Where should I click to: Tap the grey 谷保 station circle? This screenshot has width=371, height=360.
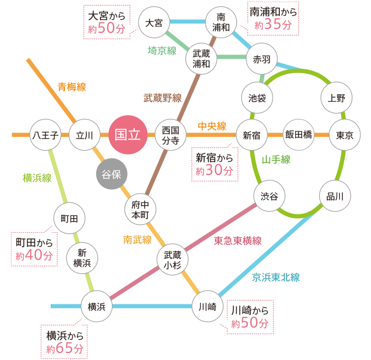click(111, 175)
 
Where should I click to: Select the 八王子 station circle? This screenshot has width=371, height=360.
click(45, 135)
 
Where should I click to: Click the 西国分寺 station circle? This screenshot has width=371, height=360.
click(171, 135)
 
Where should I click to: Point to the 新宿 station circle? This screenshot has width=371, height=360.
click(252, 135)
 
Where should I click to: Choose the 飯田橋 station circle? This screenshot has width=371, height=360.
click(298, 135)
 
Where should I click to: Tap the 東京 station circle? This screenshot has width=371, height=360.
click(345, 135)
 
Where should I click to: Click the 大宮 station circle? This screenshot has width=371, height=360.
click(154, 23)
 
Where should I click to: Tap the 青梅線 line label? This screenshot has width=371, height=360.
click(72, 87)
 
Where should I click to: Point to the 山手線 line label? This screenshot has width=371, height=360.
click(276, 160)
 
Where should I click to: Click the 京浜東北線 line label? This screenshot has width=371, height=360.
click(276, 277)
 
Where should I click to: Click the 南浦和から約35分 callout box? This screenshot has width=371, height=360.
click(273, 19)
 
